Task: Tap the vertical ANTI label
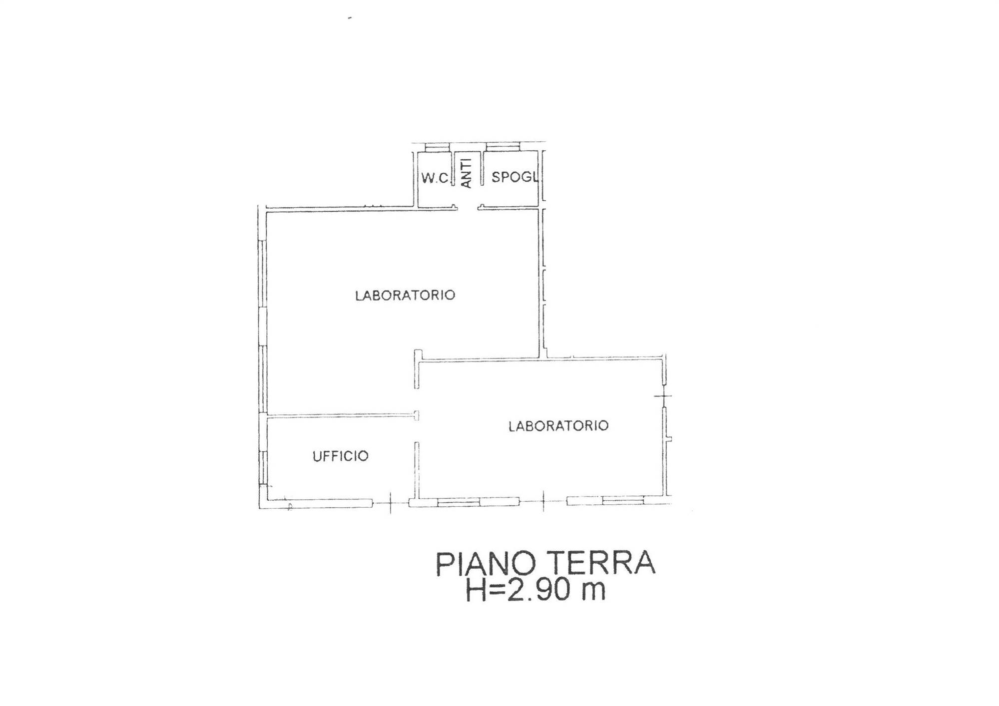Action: (466, 173)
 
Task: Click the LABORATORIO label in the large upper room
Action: (405, 295)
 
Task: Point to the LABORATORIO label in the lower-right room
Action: (558, 425)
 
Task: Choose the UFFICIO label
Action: (341, 456)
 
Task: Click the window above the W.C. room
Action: (438, 147)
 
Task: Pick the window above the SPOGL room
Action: (503, 147)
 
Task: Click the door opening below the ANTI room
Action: (468, 207)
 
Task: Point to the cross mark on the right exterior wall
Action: (663, 396)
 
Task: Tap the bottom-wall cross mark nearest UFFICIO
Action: (391, 502)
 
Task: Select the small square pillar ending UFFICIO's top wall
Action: (416, 415)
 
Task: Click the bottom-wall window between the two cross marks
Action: (479, 502)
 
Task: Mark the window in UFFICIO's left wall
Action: (262, 467)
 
